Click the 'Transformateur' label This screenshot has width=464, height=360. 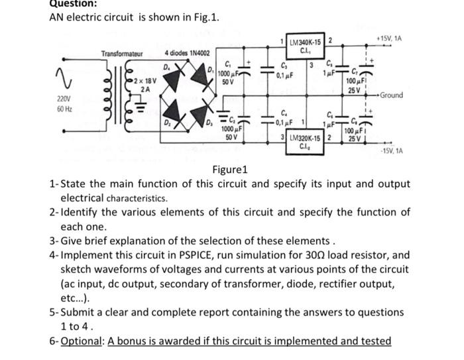121,53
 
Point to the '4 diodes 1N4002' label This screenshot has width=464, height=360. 187,53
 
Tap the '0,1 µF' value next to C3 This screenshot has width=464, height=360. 286,76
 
